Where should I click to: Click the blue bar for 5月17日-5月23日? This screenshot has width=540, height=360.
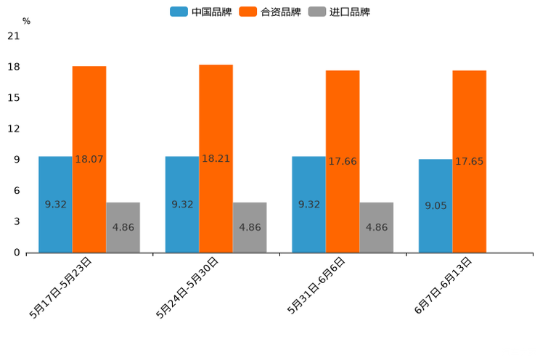coord(55,204)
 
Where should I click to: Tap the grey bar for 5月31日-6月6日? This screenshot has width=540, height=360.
coord(377,227)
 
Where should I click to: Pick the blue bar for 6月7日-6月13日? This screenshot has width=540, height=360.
coord(435,205)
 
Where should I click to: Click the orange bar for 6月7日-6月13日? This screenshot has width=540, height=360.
coord(470,161)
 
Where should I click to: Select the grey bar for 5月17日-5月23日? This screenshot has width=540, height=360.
coord(123,227)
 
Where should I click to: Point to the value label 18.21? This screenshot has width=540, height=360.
coord(216,158)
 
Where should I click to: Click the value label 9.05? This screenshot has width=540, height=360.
coord(435,205)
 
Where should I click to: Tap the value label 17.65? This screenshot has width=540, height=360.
coord(470,161)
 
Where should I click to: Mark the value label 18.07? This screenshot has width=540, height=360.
coord(89,158)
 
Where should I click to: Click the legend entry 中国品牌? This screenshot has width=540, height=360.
coord(200,12)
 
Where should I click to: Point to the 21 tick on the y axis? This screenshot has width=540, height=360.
coord(13,36)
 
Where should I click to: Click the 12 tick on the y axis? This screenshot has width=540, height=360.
coord(13,128)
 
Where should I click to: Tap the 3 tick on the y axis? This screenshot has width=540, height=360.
coord(16,221)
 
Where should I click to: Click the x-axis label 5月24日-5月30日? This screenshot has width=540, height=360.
coord(188,287)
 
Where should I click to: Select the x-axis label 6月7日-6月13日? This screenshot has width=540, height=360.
coord(443,286)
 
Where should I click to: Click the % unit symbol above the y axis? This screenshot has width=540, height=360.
coord(26,22)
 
